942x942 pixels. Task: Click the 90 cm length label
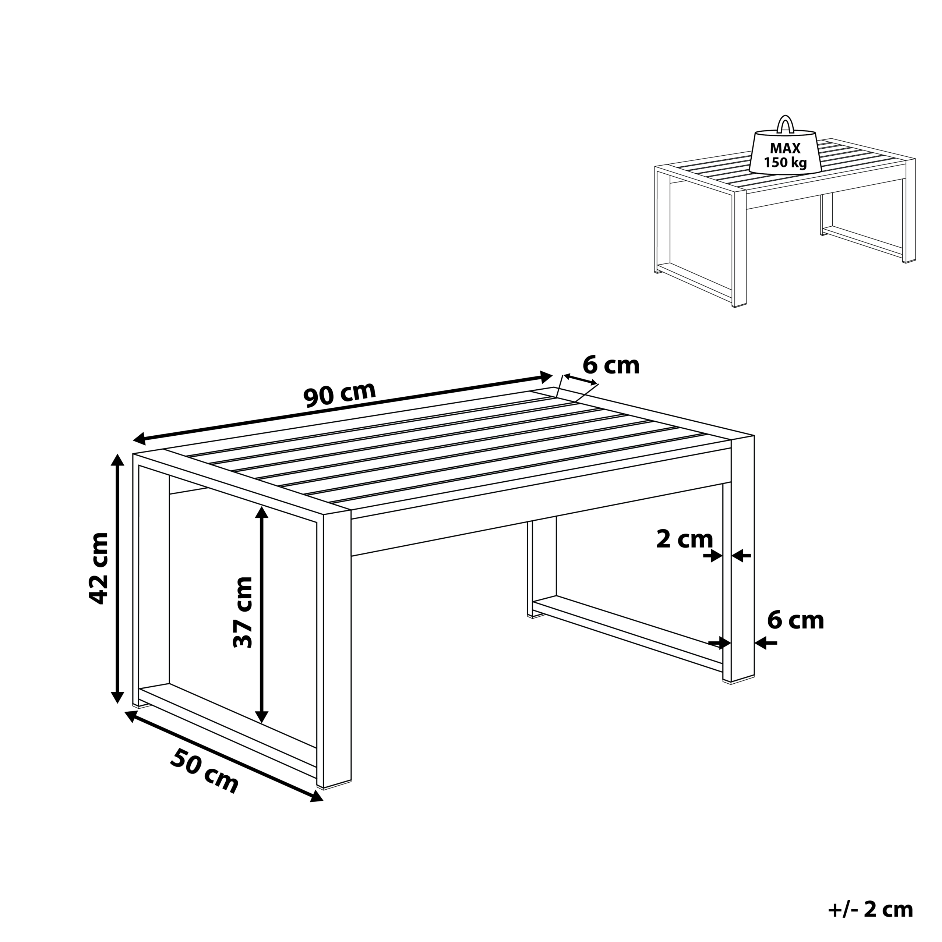(340, 394)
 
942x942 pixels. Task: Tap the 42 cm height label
(99, 569)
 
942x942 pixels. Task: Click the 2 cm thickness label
(684, 539)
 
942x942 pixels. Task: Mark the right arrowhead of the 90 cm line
(546, 376)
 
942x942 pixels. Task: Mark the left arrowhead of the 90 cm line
(140, 439)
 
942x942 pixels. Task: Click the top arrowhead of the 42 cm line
(117, 460)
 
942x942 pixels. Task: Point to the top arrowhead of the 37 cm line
(262, 513)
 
